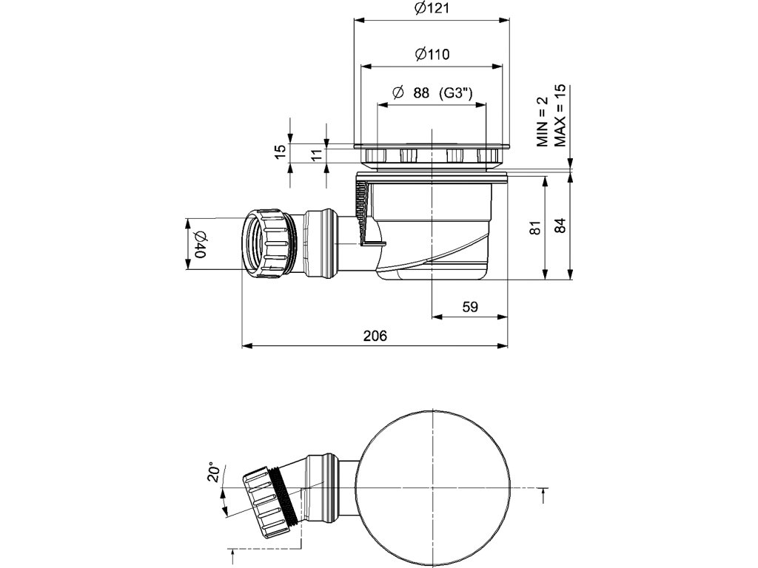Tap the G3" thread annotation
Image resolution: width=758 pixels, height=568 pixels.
(456, 93)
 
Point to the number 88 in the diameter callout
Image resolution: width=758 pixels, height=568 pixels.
(421, 93)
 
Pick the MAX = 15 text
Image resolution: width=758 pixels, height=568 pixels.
(560, 115)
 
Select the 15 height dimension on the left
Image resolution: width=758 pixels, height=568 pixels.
(280, 151)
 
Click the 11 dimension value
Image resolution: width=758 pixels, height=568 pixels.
(316, 155)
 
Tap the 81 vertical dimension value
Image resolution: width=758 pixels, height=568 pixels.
(536, 227)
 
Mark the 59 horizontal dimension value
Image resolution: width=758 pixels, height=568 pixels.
(469, 307)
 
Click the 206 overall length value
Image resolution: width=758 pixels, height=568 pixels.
(375, 336)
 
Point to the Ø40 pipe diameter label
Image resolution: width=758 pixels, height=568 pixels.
(199, 244)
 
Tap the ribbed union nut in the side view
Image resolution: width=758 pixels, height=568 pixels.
(267, 243)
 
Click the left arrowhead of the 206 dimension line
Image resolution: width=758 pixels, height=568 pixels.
(247, 345)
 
